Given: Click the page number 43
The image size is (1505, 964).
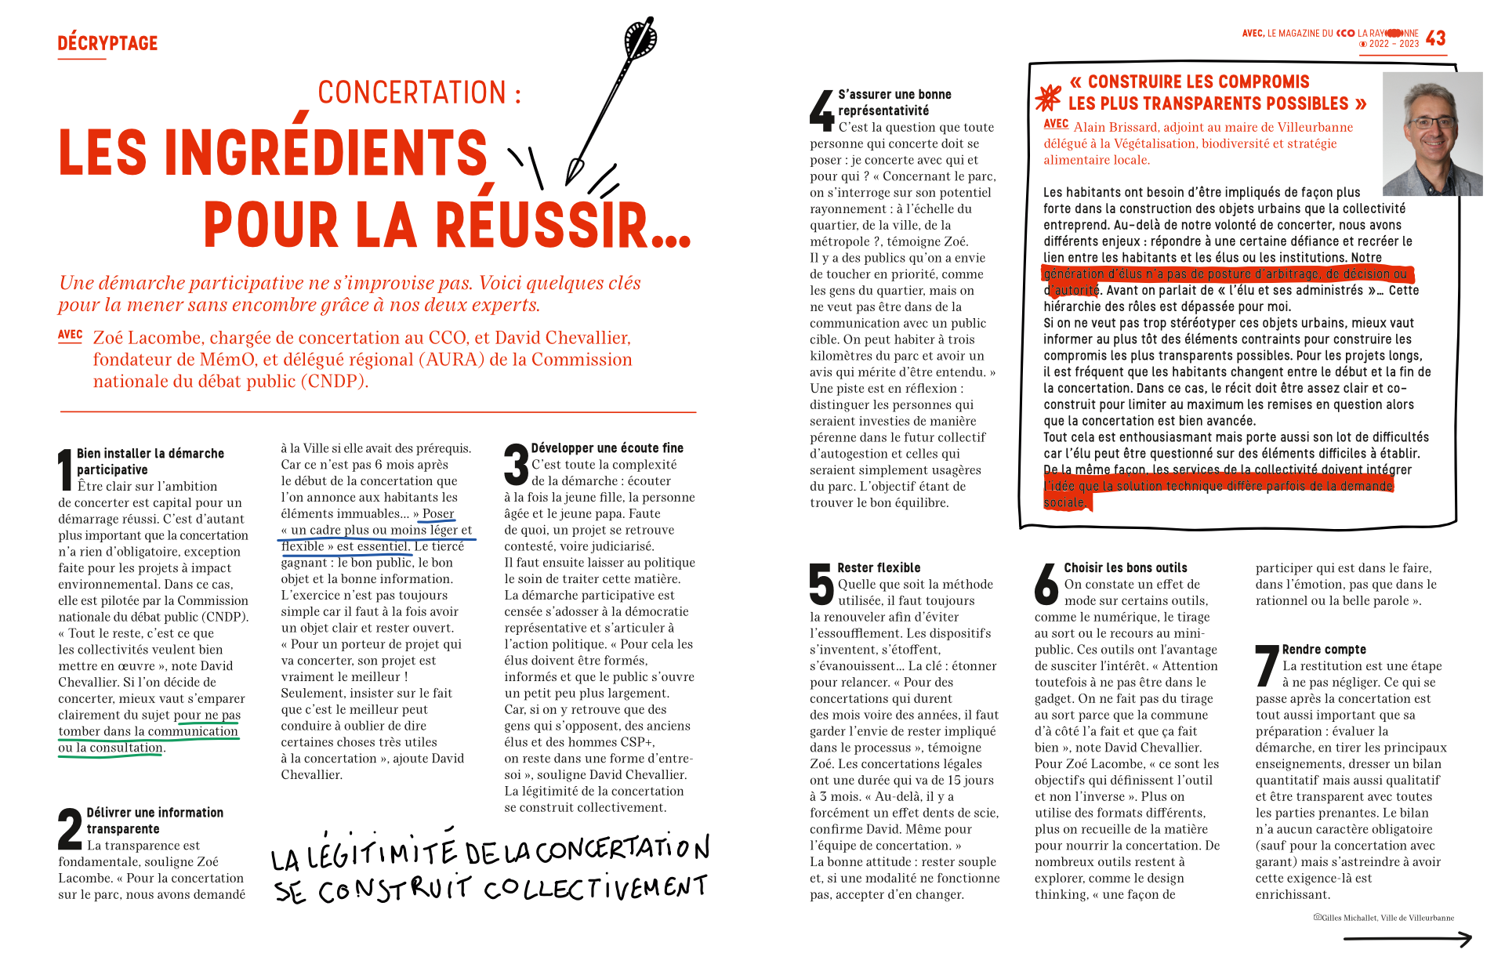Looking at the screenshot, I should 1435,38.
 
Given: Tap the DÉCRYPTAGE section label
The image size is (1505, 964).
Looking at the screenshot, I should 107,43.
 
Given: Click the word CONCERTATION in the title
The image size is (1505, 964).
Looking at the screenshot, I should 412,92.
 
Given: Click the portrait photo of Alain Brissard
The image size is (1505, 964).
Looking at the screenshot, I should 1432,133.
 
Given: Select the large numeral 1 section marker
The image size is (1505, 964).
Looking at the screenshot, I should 65,469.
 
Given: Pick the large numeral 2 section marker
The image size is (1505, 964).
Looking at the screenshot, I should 70,828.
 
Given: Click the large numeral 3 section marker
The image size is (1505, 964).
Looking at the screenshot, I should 516,464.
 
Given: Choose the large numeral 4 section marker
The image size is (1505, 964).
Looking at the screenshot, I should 821,111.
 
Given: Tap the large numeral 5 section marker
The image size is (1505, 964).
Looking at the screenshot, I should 821,584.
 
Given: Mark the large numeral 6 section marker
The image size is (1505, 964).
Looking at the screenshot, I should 1046,584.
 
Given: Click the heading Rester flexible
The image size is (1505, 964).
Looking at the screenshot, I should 879,567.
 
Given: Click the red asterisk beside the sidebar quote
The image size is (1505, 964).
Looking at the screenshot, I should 1048,97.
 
